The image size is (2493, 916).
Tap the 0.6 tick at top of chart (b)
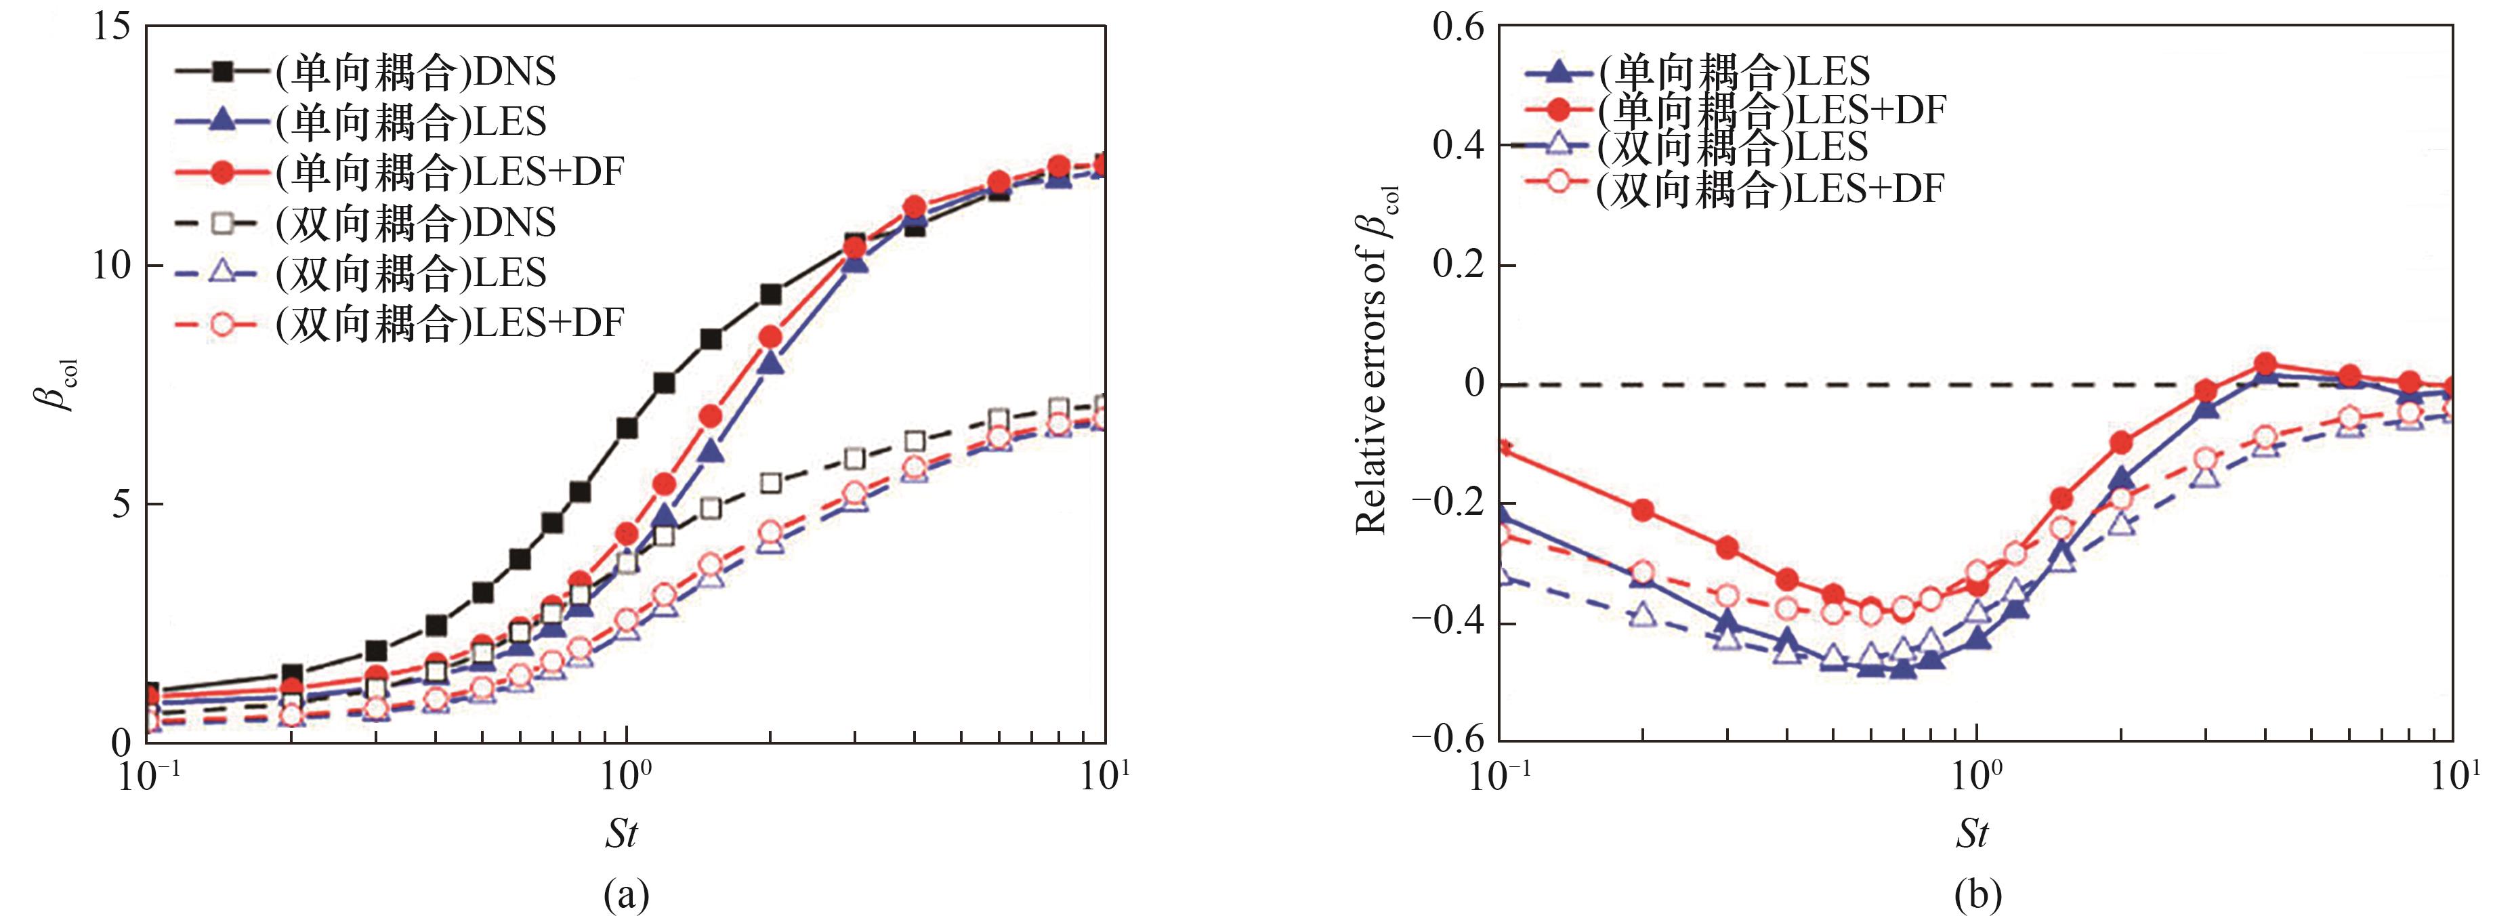1457,27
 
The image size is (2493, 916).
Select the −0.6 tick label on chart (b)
1447,738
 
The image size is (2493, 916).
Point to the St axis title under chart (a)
621,833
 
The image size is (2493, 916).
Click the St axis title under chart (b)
1972,833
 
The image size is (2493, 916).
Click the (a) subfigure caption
625,896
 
